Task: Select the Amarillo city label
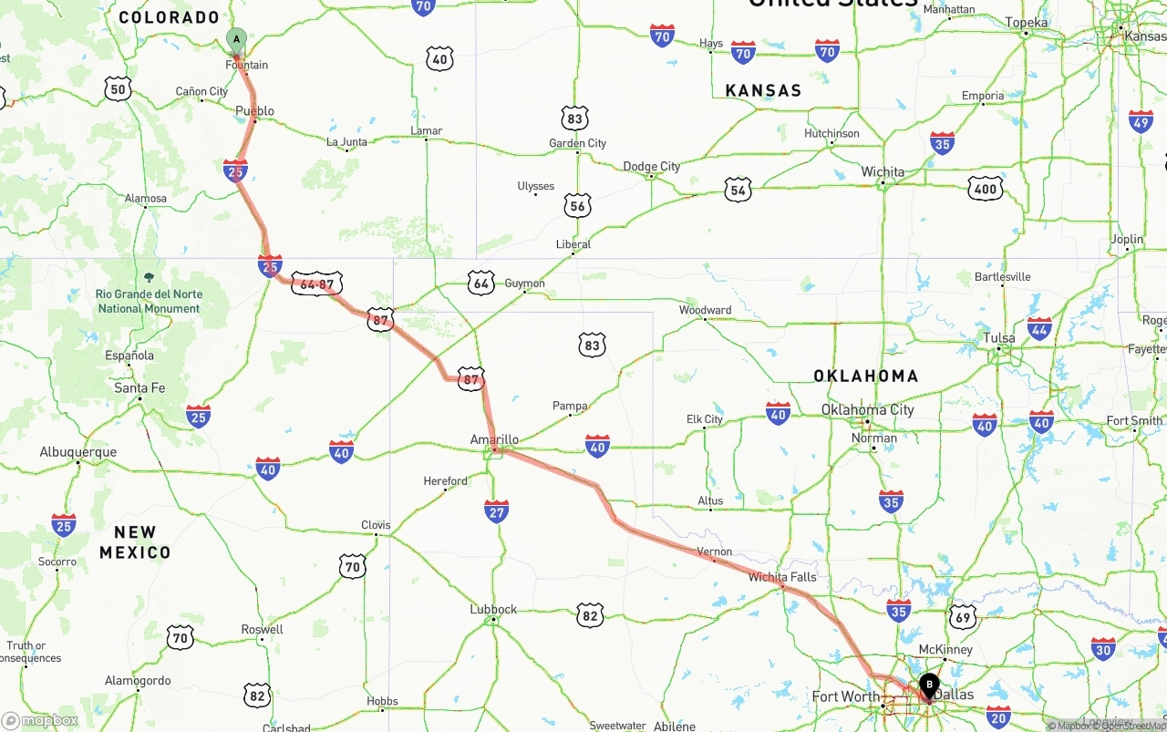(x=494, y=439)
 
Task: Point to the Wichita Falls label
(x=782, y=577)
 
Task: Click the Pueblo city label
(x=254, y=111)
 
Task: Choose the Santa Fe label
(x=139, y=388)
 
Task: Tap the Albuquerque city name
(x=78, y=452)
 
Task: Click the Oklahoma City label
(x=867, y=409)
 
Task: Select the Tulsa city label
(x=999, y=337)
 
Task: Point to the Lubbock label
(x=493, y=609)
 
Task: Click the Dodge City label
(x=651, y=166)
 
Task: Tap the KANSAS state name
(x=763, y=90)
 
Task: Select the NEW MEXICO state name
(x=135, y=542)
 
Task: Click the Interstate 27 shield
(x=496, y=510)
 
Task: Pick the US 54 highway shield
(x=738, y=190)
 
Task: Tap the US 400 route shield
(x=986, y=189)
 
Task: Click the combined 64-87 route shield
(x=316, y=284)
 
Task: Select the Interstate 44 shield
(x=1039, y=328)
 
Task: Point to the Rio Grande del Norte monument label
(x=149, y=301)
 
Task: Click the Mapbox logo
(x=40, y=721)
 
